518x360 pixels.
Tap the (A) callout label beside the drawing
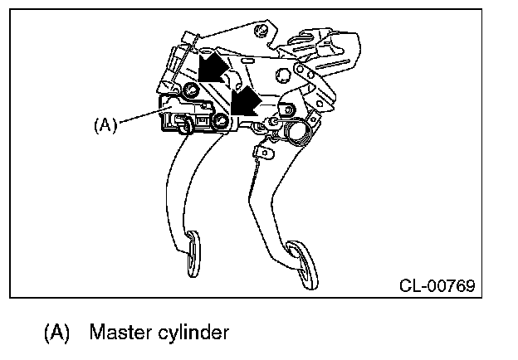click(105, 125)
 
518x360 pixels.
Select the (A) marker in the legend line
click(57, 333)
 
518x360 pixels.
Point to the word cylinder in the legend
click(195, 333)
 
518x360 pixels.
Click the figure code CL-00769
click(437, 286)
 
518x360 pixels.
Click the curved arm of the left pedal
click(178, 182)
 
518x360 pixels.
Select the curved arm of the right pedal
click(266, 191)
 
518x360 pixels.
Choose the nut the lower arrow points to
click(222, 123)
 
